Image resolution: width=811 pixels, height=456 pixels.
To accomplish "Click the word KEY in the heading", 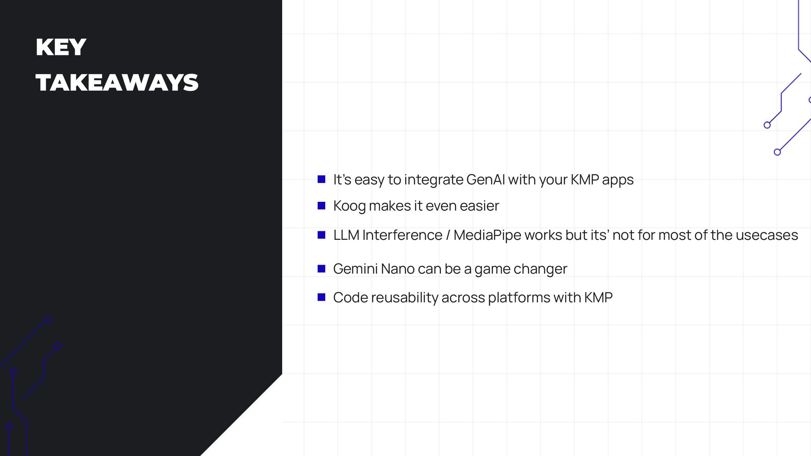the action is [x=61, y=47].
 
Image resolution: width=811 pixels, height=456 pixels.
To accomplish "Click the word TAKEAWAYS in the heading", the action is [x=117, y=83].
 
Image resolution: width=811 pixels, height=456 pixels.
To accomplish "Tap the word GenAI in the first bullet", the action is [x=485, y=180].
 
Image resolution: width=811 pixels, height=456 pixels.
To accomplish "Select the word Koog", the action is [x=349, y=206].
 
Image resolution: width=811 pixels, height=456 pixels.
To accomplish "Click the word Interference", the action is [x=402, y=235].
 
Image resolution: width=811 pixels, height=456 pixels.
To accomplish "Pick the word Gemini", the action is [x=355, y=269].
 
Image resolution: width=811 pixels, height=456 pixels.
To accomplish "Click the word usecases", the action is [x=767, y=235].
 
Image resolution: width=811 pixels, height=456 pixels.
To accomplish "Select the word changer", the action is [x=540, y=269].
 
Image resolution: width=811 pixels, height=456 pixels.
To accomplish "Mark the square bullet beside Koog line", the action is [x=321, y=206].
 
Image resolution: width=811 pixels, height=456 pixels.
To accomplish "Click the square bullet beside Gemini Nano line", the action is [x=321, y=269].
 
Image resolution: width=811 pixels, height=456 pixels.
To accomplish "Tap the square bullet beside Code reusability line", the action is [x=321, y=297].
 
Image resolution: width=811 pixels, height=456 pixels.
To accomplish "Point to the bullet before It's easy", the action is [x=321, y=179].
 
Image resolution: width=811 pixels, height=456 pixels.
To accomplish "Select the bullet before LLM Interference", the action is [x=321, y=235].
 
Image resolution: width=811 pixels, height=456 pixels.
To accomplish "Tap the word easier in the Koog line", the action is [x=479, y=206].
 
